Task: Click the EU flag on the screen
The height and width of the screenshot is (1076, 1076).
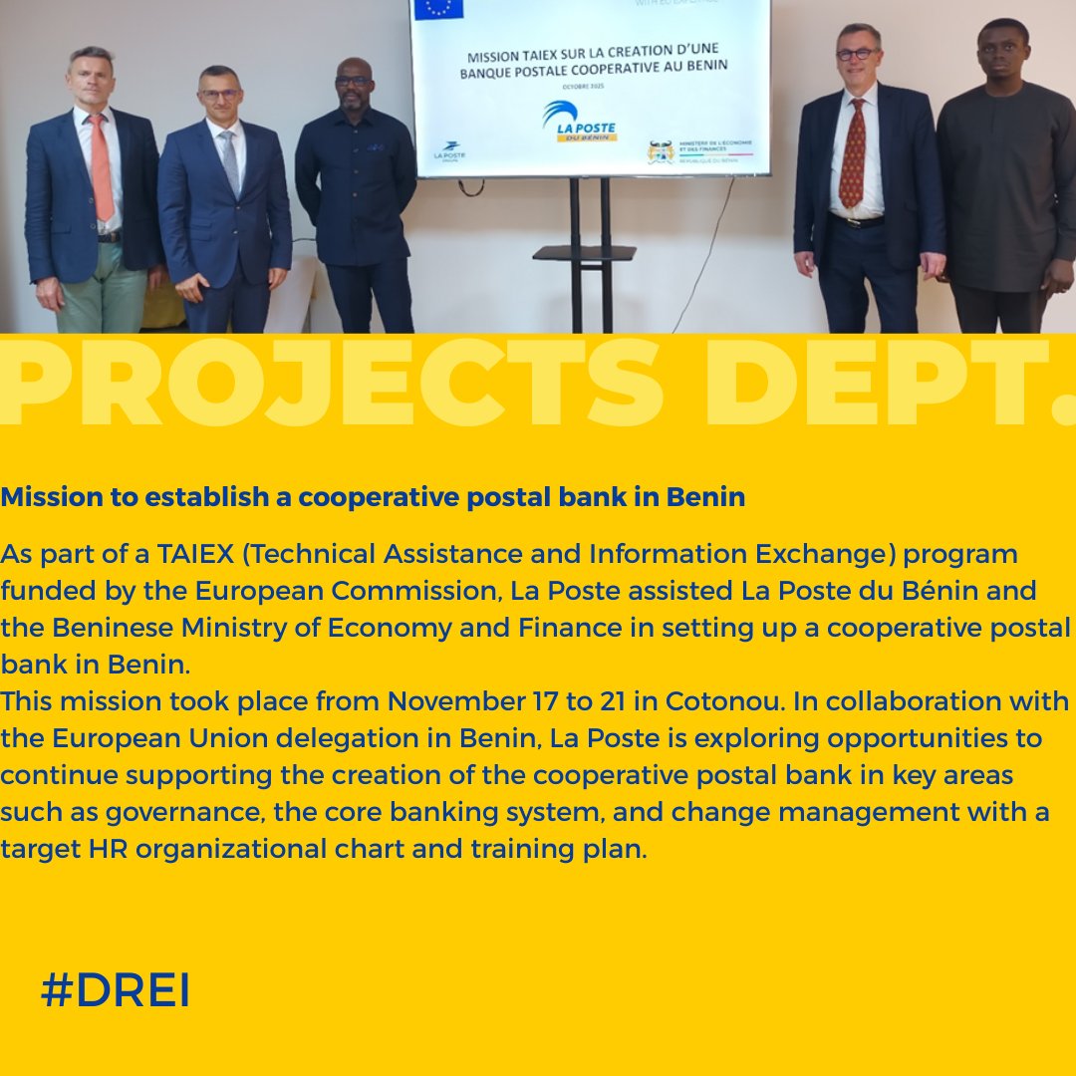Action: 439,9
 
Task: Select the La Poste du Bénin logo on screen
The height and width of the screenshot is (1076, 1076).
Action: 580,122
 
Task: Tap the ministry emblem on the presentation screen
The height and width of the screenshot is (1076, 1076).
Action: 661,151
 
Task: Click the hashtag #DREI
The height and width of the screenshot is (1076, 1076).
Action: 116,991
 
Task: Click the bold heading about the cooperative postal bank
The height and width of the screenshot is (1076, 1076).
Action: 373,497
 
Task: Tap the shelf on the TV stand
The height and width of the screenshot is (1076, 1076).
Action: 584,253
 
